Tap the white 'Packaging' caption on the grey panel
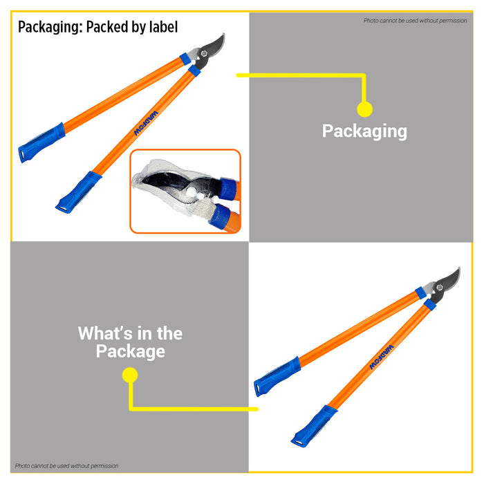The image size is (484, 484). (364, 131)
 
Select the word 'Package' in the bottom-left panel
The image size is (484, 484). (130, 351)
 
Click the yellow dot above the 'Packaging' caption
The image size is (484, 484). (364, 109)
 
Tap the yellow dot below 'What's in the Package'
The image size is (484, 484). (130, 375)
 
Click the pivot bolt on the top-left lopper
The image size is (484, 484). (204, 53)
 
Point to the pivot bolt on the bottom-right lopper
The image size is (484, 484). (440, 288)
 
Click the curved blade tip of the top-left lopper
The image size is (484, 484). (223, 35)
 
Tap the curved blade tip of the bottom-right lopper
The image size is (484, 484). (459, 269)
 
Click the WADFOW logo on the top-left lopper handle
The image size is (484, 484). (146, 123)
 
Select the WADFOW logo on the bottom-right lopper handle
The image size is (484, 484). (382, 357)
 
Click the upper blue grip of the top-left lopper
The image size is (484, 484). (41, 142)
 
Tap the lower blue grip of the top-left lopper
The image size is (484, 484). (78, 192)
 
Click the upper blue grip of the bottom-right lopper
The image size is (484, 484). (277, 376)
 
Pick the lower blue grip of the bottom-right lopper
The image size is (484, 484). (314, 427)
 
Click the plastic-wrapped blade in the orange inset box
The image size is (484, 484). (173, 185)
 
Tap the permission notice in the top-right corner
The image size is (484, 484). (415, 21)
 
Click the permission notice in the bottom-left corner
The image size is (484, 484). (66, 466)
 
